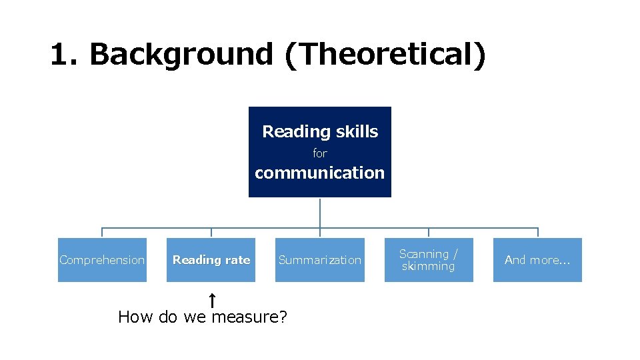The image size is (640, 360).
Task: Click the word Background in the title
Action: click(x=181, y=55)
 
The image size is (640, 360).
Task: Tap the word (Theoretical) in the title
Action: click(x=385, y=55)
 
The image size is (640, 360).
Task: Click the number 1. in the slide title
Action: click(x=65, y=55)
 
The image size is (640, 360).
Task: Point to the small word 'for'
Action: click(x=320, y=153)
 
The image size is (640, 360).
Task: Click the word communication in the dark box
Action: click(x=320, y=173)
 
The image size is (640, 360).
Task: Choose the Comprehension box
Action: click(x=102, y=260)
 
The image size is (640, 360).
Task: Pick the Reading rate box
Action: click(x=211, y=260)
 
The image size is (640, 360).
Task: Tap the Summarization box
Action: click(x=320, y=260)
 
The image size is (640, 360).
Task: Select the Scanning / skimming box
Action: click(x=429, y=260)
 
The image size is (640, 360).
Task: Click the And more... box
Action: click(x=537, y=260)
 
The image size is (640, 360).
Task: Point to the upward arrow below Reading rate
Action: click(x=212, y=299)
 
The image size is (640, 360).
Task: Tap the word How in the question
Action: click(x=136, y=317)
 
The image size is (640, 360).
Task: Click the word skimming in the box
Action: click(x=428, y=267)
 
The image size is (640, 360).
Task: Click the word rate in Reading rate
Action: click(x=237, y=260)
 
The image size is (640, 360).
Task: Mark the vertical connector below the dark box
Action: click(x=320, y=213)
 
